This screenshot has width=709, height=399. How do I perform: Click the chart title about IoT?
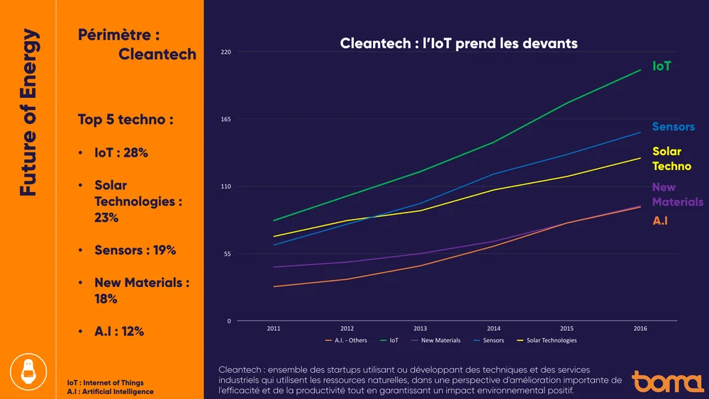coord(459,43)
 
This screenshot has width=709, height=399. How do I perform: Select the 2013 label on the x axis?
coord(420,329)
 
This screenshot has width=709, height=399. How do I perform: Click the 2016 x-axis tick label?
coord(640,329)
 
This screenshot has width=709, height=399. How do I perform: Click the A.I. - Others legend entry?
coord(347,341)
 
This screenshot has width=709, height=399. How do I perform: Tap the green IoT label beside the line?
coord(661,66)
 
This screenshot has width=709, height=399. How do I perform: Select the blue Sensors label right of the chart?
coord(673,126)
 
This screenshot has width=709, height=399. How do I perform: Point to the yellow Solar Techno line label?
coord(671,159)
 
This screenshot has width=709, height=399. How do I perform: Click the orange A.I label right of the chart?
coord(660,220)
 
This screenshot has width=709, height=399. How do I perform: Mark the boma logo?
coord(668,381)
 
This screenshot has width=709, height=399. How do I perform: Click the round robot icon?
coord(28,370)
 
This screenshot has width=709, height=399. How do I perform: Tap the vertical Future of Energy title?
coord(28,112)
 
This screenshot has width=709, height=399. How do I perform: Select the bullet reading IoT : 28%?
coord(121,152)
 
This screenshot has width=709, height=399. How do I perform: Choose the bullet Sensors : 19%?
coord(135,250)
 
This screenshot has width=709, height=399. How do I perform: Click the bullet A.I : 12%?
coord(119,331)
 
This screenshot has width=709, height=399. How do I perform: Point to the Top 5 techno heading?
coord(125,120)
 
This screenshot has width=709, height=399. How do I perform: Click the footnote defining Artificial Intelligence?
coord(110,391)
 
